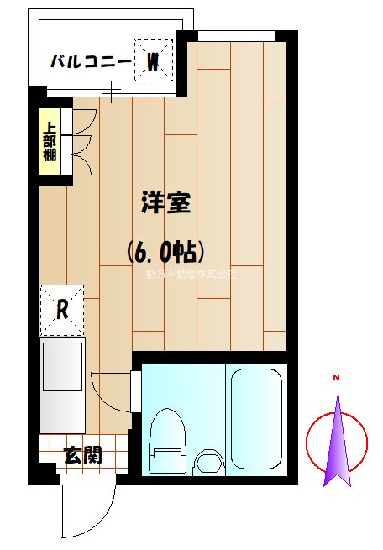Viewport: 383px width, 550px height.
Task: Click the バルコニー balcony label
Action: coord(89,62)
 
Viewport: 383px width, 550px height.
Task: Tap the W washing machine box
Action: coord(154,61)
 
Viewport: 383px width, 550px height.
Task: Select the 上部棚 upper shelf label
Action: coord(50,143)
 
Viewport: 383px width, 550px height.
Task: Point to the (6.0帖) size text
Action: coord(165,250)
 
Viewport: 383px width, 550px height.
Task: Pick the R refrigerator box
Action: coord(62,307)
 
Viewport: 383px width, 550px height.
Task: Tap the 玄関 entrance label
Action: coord(83,456)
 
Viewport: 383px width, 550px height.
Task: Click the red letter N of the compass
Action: coord(336,378)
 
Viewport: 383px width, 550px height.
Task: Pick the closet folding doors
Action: coord(82,143)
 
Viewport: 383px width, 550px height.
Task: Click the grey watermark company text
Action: coord(191,274)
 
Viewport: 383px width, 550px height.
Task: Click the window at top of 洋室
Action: coord(238,35)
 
